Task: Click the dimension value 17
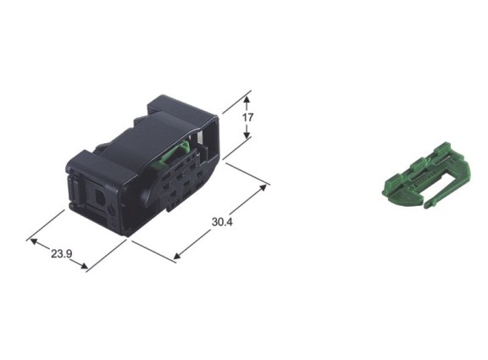point(248,118)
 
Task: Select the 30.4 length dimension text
point(222,222)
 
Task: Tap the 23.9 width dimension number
point(61,254)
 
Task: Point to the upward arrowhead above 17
point(247,100)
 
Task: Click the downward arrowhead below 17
point(247,136)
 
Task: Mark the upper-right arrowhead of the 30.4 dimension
point(263,188)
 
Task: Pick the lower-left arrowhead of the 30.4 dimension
point(177,256)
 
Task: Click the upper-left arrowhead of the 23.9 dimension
point(34,241)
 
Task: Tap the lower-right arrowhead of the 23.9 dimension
point(84,266)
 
